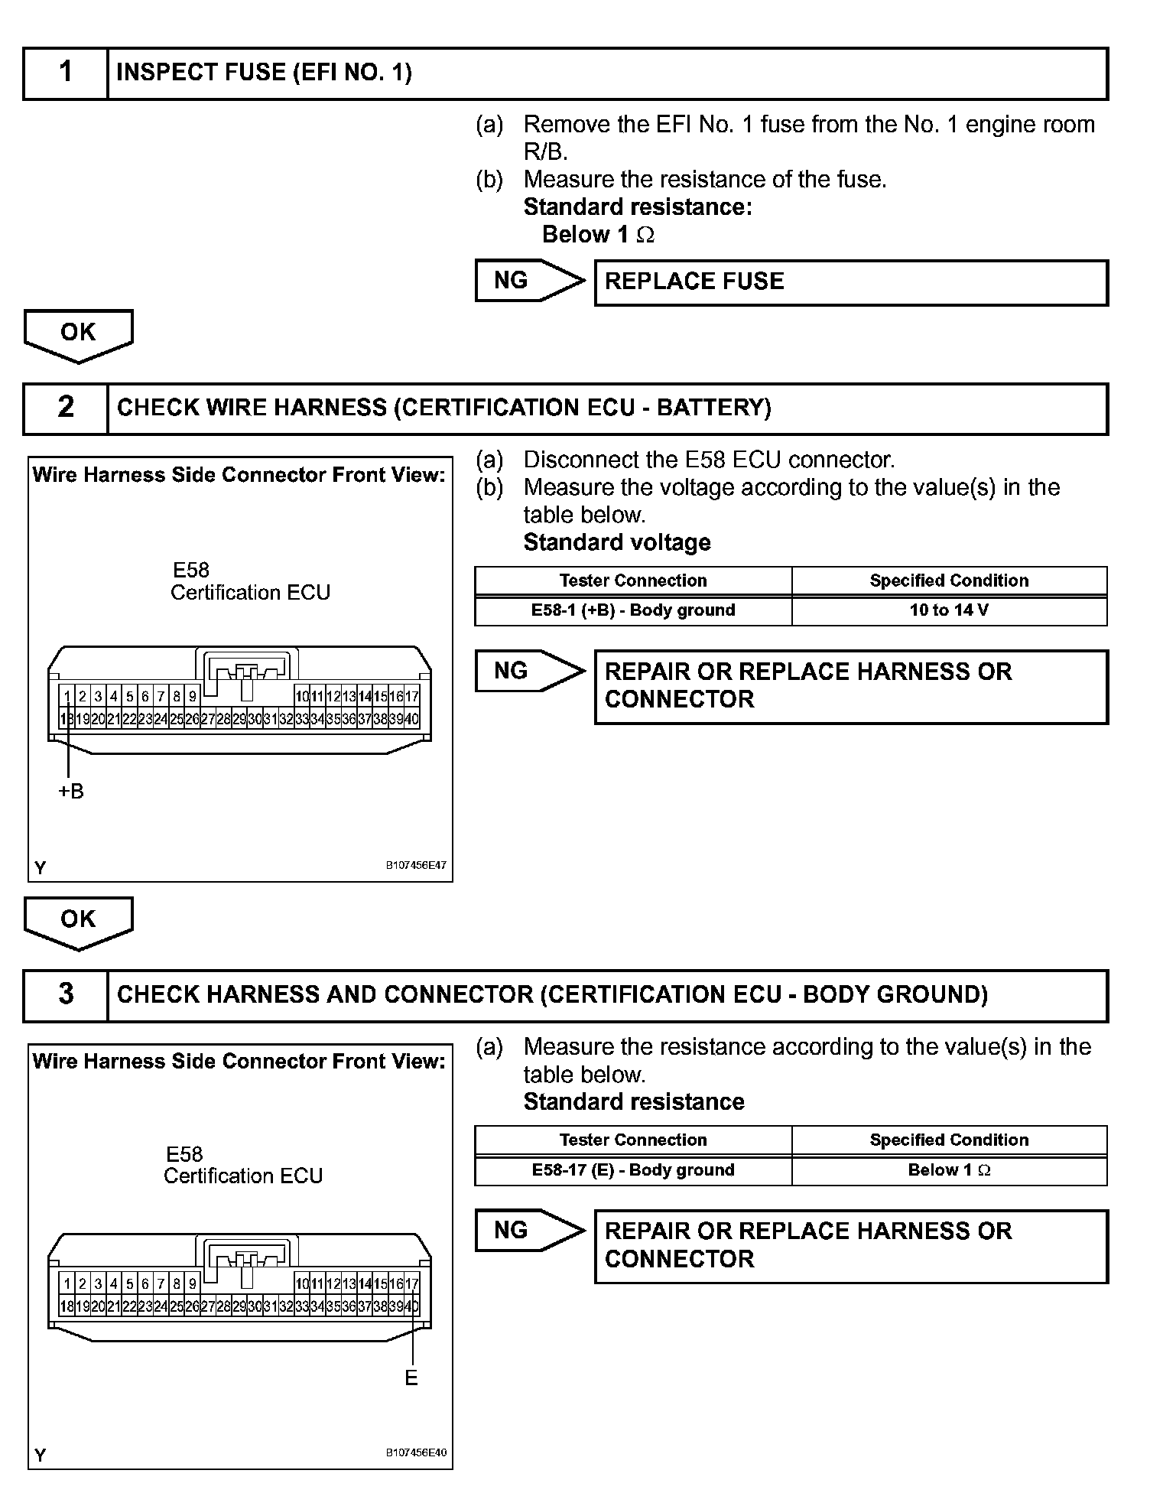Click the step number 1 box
tap(66, 73)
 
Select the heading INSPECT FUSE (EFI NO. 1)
tap(264, 73)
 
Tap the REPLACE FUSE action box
tap(850, 282)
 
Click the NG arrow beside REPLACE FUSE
tap(528, 281)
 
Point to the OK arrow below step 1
tap(79, 334)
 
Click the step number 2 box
tap(66, 408)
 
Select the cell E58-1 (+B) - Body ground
tap(633, 610)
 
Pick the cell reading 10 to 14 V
tap(949, 610)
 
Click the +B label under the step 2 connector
tap(71, 792)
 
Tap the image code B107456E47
tap(416, 866)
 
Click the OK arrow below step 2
tap(79, 921)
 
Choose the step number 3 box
tap(66, 994)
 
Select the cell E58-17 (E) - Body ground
tap(633, 1170)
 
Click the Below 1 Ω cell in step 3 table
tap(949, 1170)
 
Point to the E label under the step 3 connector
tap(411, 1378)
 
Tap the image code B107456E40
tap(416, 1452)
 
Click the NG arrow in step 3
tap(528, 1230)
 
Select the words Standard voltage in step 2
tap(617, 543)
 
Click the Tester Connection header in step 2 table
tap(633, 581)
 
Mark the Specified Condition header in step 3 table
tap(949, 1140)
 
